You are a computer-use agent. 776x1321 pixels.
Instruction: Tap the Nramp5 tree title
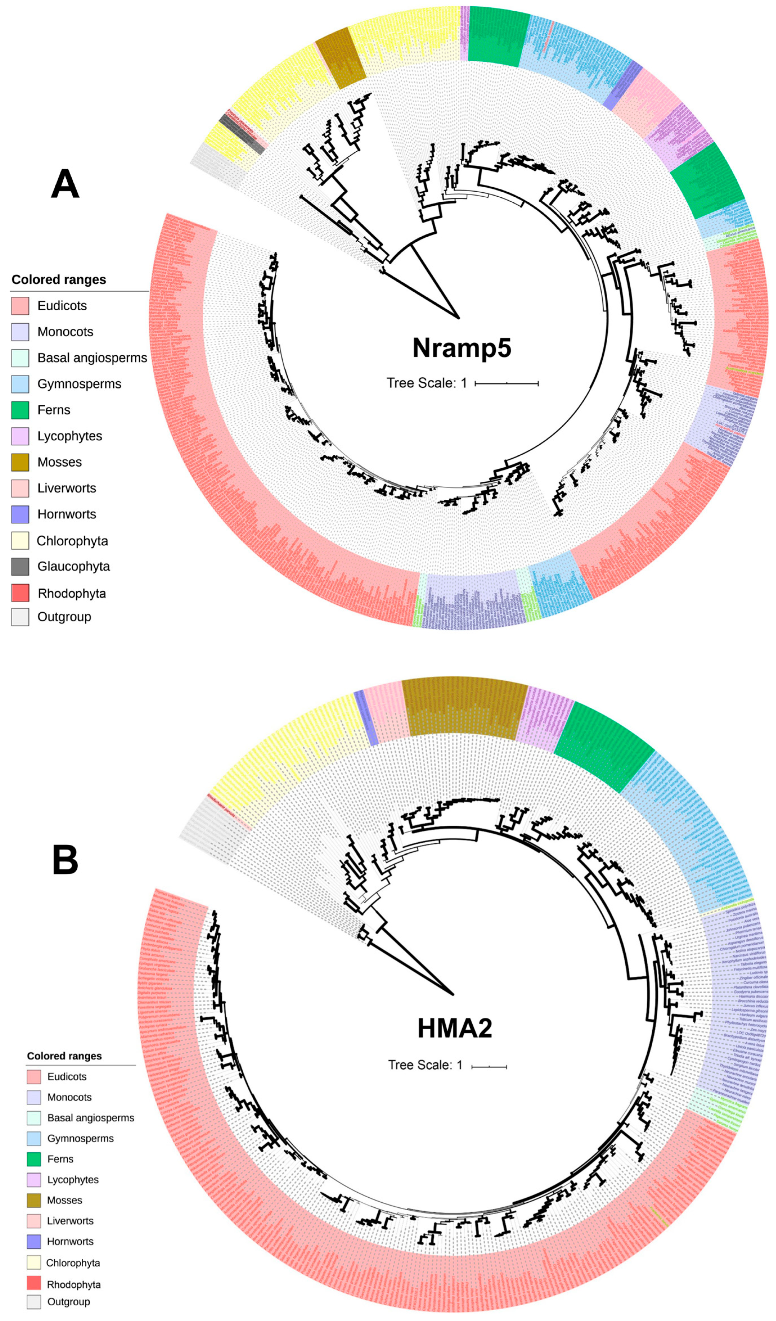[461, 348]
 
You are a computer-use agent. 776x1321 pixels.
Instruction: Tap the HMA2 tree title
[455, 1028]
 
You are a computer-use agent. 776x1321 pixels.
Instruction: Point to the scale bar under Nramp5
[506, 384]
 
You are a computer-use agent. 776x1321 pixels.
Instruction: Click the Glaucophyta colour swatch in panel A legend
[20, 567]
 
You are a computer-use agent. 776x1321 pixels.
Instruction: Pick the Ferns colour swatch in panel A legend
[20, 410]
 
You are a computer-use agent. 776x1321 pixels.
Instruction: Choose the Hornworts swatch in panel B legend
[33, 1241]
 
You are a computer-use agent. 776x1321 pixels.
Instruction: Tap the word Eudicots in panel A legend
[62, 306]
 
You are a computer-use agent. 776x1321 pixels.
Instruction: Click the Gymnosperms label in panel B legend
[80, 1138]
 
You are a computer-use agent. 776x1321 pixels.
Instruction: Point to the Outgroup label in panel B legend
[68, 1301]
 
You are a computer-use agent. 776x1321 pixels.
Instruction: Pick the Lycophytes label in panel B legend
[73, 1180]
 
